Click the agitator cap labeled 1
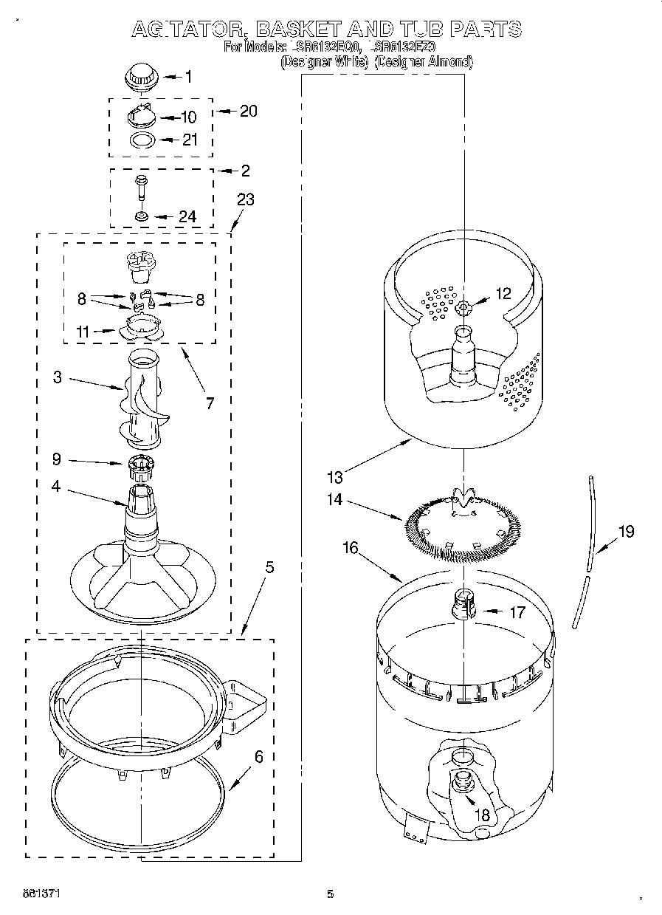137,77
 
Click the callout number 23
245,199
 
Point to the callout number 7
210,402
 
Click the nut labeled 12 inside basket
464,306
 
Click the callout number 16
351,547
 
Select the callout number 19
626,531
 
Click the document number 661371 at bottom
42,894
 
